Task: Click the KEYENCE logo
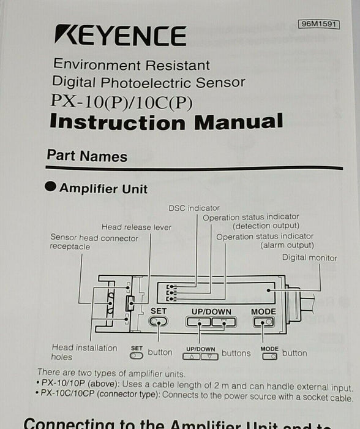coord(120,36)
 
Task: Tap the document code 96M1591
coord(319,24)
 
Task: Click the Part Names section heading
coord(87,156)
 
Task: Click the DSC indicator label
coord(193,208)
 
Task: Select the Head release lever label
coord(136,227)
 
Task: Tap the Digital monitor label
coord(309,257)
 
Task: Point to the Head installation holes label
coord(84,352)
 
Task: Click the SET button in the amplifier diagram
coord(158,322)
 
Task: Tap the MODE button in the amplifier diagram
coord(263,322)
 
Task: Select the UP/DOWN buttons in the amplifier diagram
coord(211,322)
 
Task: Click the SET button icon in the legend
coord(137,355)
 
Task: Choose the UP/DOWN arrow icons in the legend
coord(200,355)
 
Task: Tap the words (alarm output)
coord(287,245)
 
